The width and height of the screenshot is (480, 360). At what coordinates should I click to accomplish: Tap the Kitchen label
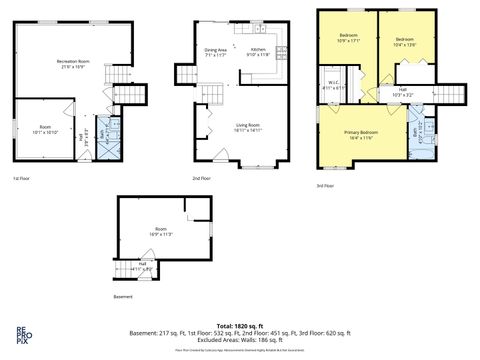pyautogui.click(x=258, y=50)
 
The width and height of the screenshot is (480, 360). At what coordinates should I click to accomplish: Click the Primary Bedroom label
pyautogui.click(x=361, y=133)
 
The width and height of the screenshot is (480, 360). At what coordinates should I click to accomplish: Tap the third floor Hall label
pyautogui.click(x=401, y=92)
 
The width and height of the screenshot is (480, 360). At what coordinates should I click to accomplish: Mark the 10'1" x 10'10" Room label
pyautogui.click(x=46, y=129)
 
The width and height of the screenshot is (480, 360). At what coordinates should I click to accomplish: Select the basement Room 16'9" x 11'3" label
pyautogui.click(x=161, y=231)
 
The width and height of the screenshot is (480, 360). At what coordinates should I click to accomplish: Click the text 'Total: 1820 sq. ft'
pyautogui.click(x=239, y=326)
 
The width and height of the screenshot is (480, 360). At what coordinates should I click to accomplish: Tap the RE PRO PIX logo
pyautogui.click(x=21, y=334)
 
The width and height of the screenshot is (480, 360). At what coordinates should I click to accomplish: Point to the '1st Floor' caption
pyautogui.click(x=21, y=178)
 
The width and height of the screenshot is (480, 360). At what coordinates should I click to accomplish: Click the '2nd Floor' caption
pyautogui.click(x=203, y=178)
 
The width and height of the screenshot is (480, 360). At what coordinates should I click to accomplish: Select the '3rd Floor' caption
pyautogui.click(x=326, y=185)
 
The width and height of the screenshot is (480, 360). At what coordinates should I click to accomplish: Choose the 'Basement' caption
pyautogui.click(x=122, y=296)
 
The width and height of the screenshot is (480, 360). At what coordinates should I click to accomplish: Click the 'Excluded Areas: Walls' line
pyautogui.click(x=240, y=340)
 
